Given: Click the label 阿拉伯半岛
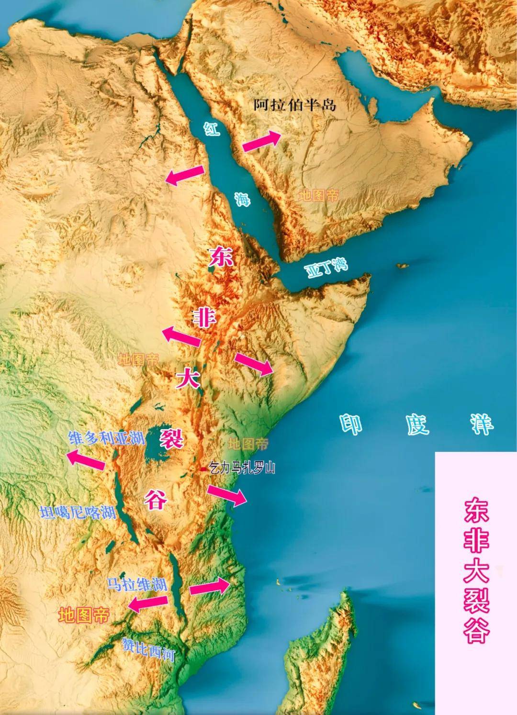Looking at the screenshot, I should coord(295,105).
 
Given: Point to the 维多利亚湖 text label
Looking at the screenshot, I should coord(107,438).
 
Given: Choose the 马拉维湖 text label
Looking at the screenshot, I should coord(136,584).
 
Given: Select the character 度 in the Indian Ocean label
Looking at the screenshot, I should coord(418,424).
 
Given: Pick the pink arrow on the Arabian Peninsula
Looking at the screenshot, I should coord(261,141).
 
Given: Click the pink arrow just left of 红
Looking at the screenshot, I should coord(185,175).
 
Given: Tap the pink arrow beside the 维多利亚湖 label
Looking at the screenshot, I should coord(86,459).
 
